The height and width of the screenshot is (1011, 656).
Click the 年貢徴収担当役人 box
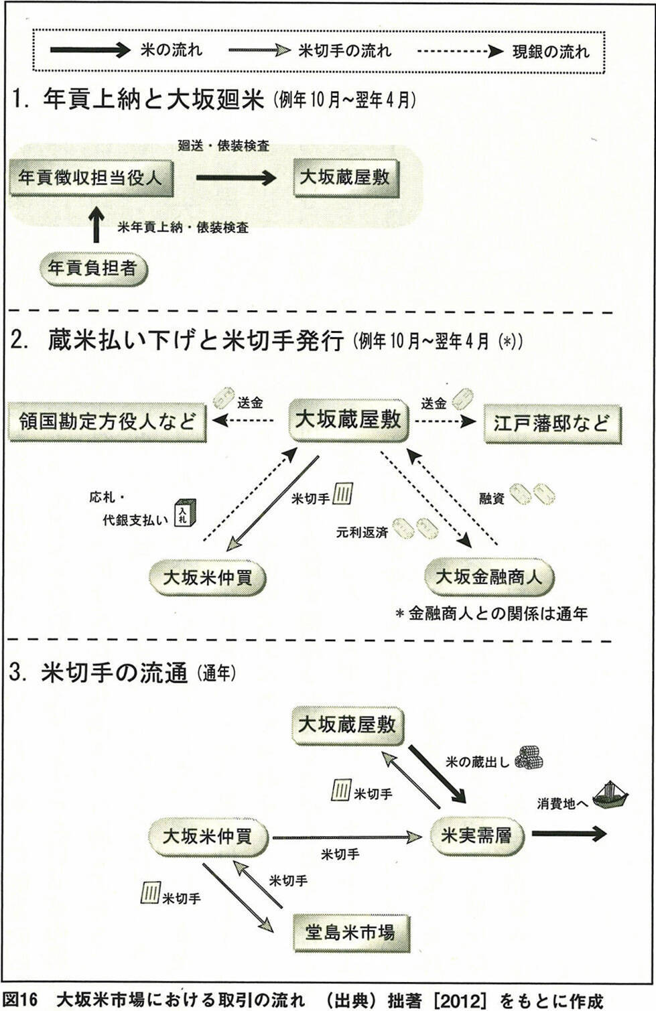(x=90, y=178)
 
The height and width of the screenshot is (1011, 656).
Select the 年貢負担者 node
(x=92, y=269)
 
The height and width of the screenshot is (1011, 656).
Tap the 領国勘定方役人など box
(x=107, y=422)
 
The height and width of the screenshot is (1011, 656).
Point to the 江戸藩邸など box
(x=552, y=423)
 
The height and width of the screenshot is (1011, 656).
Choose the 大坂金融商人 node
(x=488, y=577)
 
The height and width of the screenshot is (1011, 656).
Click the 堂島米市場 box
(x=350, y=932)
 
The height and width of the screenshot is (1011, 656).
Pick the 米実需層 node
(x=476, y=835)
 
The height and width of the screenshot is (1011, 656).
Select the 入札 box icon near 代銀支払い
(x=184, y=512)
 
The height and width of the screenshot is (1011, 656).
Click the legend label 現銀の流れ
(x=551, y=52)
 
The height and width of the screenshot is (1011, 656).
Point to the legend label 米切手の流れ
(x=344, y=51)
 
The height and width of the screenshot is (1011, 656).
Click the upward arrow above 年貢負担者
(x=97, y=225)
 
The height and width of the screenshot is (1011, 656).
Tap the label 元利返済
(x=362, y=533)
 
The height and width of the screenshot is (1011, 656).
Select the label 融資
(x=491, y=498)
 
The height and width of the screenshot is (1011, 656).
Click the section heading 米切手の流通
(x=114, y=673)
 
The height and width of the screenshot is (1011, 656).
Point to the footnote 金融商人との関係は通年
(x=497, y=613)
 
